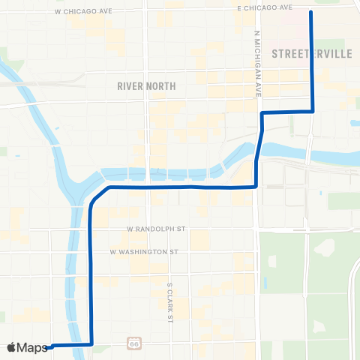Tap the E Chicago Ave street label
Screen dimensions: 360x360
point(263,7)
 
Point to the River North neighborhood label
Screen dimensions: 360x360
point(146,86)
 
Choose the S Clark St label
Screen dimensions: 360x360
point(170,300)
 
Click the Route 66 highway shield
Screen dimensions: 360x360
point(133,341)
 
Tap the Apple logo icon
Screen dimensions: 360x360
point(11,347)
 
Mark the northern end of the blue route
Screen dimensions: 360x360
point(310,12)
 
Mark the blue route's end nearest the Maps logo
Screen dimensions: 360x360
point(51,346)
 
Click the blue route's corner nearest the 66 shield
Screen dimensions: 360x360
point(91,344)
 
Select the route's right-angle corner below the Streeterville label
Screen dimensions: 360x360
point(312,111)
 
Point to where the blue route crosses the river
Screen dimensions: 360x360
point(258,154)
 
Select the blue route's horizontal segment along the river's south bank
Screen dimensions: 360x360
point(180,187)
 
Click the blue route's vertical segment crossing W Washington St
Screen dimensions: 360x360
point(91,253)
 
